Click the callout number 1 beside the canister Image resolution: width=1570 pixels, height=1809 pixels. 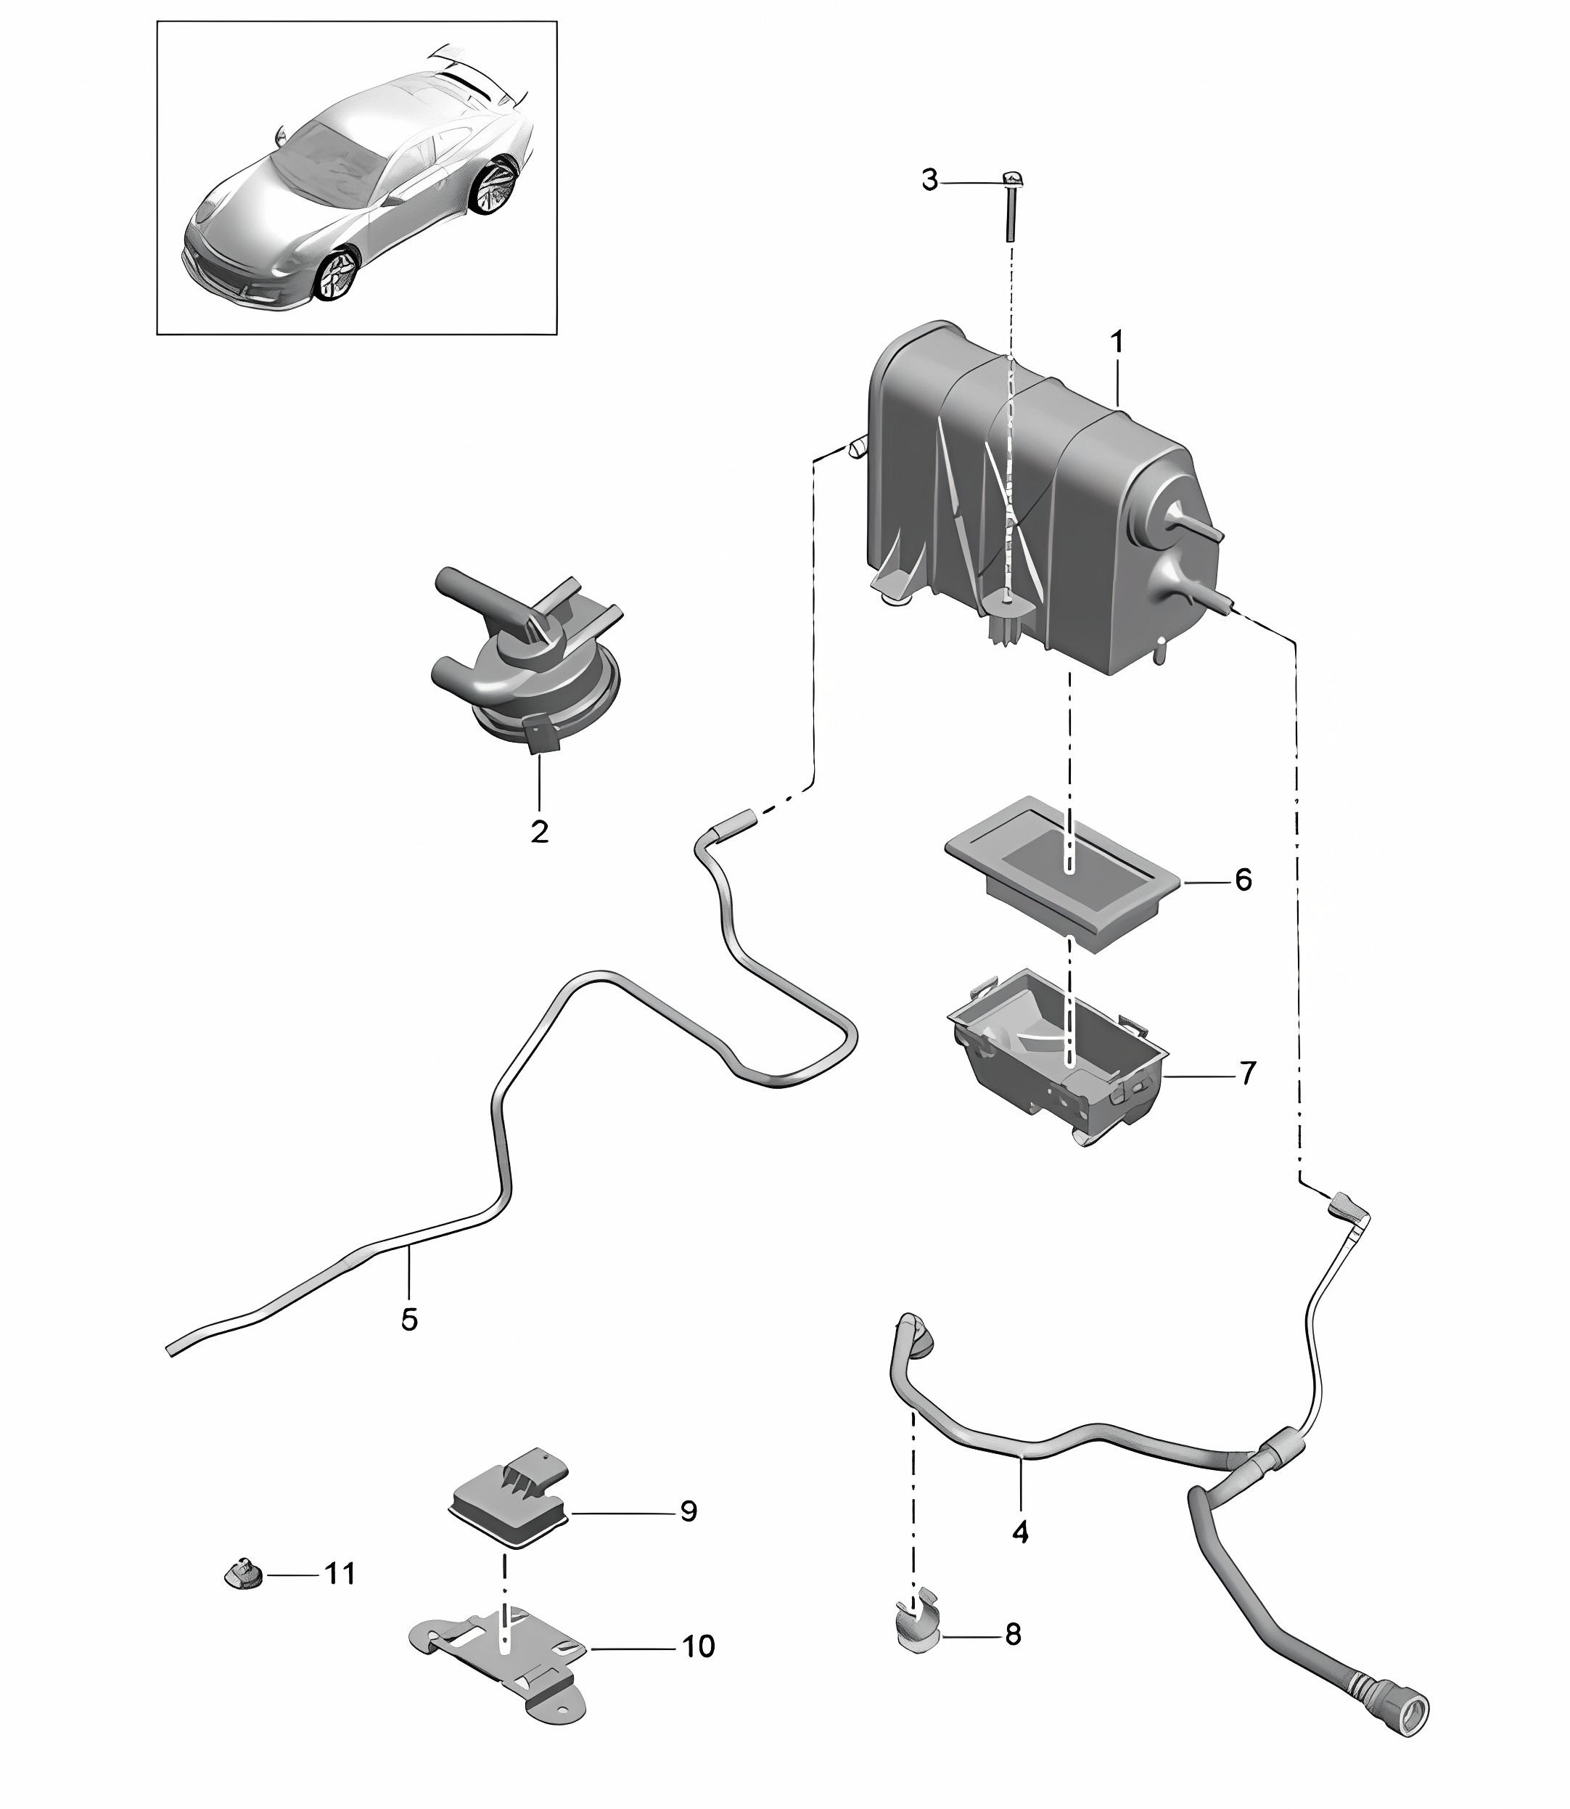[1117, 342]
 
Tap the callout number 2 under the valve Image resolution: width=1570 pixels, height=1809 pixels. [539, 831]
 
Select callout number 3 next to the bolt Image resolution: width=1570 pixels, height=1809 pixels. [929, 181]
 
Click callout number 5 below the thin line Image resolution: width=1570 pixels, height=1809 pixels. [409, 1344]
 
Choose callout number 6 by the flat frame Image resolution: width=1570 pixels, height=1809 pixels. [1244, 879]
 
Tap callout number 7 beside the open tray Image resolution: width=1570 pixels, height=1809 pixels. [1248, 1072]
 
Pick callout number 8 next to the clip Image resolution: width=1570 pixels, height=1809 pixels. [1013, 1634]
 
